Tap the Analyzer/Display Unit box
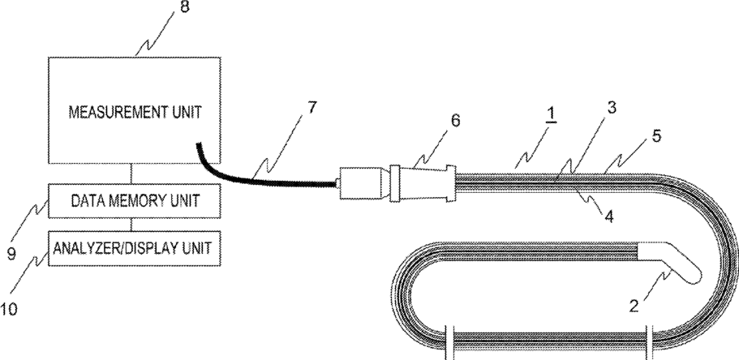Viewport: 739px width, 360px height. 135,246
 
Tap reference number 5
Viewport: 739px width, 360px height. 655,135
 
